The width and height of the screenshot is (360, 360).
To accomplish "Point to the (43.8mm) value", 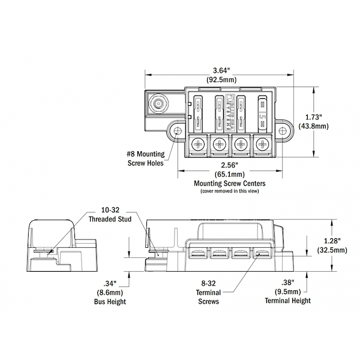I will (331, 126).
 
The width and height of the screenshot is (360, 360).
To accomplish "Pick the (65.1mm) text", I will (230, 173).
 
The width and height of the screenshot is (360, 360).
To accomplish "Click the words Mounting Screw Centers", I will (230, 183).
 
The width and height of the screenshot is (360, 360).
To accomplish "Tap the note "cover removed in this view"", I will (230, 191).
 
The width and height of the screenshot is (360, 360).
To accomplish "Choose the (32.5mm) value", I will (331, 250).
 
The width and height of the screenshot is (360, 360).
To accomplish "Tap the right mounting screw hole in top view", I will (283, 130).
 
